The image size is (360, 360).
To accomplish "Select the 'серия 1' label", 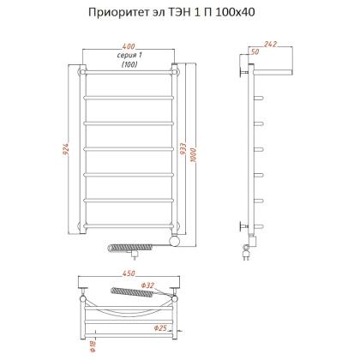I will [x=129, y=55].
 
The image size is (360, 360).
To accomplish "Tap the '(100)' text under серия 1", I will [x=129, y=65].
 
